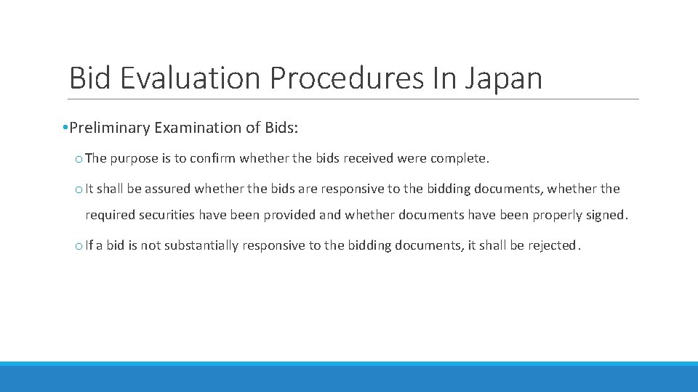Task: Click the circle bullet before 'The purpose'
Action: [79, 159]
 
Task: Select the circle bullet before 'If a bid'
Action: [79, 246]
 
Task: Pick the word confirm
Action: [213, 158]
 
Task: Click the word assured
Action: [167, 189]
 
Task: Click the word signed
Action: [606, 215]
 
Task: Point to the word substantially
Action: [201, 245]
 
